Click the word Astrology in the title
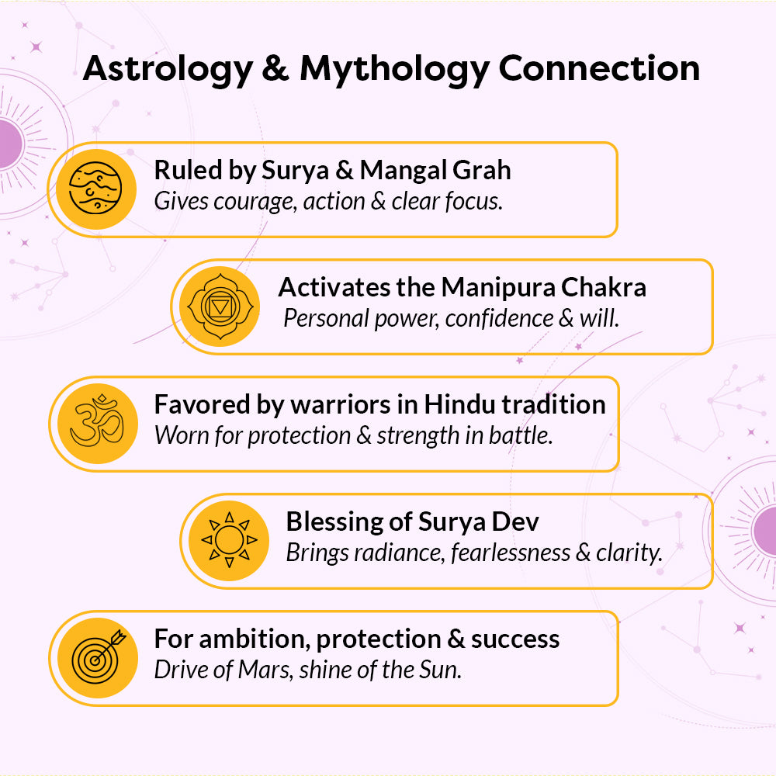pyautogui.click(x=168, y=69)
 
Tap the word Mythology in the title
pyautogui.click(x=394, y=69)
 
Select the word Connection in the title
pyautogui.click(x=599, y=68)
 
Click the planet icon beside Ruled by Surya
pyautogui.click(x=95, y=189)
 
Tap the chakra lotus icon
pyautogui.click(x=220, y=307)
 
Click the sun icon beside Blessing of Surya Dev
pyautogui.click(x=229, y=540)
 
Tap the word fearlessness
pyautogui.click(x=511, y=553)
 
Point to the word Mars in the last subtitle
pyautogui.click(x=263, y=670)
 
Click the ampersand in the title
pyautogui.click(x=275, y=68)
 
